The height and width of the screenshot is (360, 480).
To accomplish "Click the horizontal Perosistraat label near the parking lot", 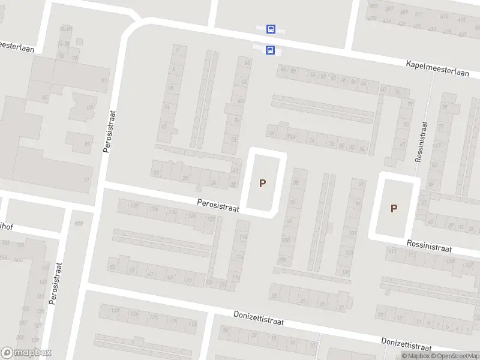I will tap(218, 205).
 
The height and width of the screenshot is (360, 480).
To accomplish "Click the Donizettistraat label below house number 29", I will tap(258, 318).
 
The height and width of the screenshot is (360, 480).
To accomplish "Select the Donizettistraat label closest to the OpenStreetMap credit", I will tap(406, 344).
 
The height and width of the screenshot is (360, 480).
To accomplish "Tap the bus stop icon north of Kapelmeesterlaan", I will tap(271, 28).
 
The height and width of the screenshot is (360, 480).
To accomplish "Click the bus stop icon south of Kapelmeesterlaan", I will tap(270, 50).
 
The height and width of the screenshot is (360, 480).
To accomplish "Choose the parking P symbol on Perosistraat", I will tap(262, 183).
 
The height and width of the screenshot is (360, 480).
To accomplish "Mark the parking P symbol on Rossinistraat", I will tap(394, 208).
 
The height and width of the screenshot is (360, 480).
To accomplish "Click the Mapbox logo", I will tap(26, 353).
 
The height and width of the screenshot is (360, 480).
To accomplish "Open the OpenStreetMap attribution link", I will tap(454, 356).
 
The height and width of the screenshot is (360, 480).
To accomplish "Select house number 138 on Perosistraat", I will tap(133, 206).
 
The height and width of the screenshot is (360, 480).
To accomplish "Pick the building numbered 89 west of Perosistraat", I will tap(87, 144).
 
